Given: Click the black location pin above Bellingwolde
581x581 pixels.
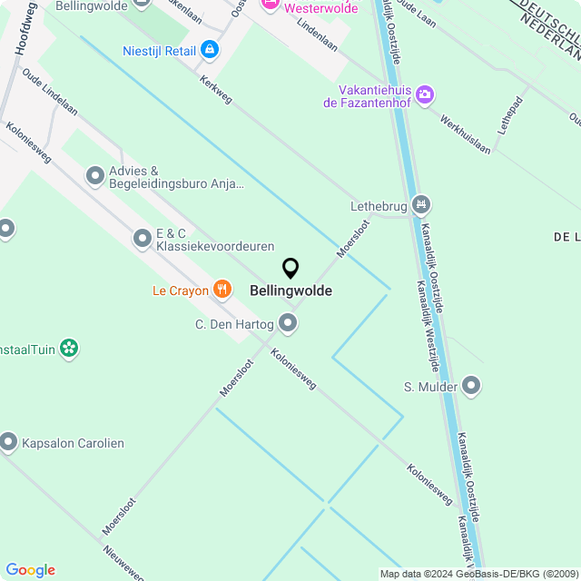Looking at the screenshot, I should tap(290, 269).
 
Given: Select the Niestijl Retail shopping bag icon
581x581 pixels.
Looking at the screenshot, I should tap(211, 49).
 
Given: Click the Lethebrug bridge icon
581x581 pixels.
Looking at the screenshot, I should tap(419, 206).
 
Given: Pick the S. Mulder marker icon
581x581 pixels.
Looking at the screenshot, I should tap(471, 387).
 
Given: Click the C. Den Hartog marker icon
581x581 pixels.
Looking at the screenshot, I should tap(288, 323).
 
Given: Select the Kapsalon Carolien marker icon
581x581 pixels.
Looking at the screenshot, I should tap(9, 442).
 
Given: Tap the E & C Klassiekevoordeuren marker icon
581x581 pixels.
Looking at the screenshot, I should tap(143, 239).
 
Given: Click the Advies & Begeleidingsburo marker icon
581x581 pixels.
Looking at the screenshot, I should tap(95, 176).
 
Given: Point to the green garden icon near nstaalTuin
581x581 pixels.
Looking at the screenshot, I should tap(69, 347).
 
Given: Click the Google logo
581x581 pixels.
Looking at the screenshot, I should tap(30, 569).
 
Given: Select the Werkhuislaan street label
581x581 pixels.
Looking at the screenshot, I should tap(465, 134).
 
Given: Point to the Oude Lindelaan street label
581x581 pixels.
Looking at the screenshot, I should tap(50, 94).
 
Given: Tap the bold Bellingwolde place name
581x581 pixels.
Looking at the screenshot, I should tap(290, 291).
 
